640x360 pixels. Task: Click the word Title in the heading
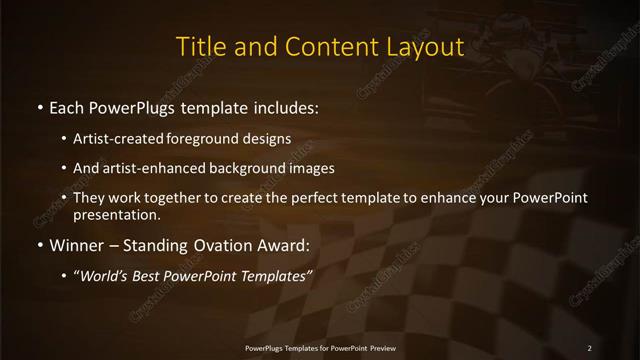199,46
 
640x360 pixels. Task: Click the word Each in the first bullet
67,106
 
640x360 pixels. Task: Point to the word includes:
284,106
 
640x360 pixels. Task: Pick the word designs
268,138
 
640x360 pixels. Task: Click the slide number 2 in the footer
590,347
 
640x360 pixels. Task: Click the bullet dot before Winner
39,245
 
